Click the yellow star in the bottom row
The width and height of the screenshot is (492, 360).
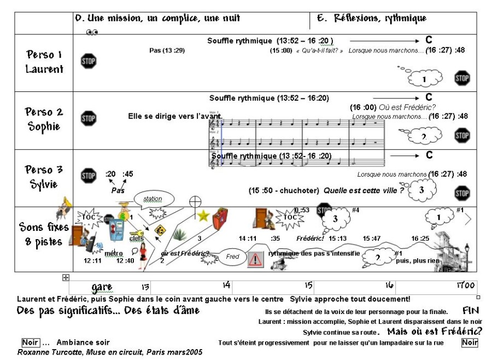[x=203, y=216]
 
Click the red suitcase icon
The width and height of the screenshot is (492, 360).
[x=220, y=219]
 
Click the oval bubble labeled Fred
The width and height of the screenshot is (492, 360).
[x=232, y=257]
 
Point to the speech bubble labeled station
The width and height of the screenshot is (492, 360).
[x=153, y=199]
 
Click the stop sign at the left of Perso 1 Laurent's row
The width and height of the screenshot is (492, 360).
[x=88, y=60]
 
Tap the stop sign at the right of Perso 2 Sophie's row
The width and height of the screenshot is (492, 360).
[x=462, y=135]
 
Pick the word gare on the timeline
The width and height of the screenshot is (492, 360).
[x=102, y=287]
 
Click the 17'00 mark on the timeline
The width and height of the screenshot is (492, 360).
[x=466, y=286]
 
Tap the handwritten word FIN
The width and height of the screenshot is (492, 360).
[x=471, y=311]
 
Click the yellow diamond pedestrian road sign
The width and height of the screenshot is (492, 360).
[x=160, y=230]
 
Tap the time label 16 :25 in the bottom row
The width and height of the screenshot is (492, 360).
[x=420, y=239]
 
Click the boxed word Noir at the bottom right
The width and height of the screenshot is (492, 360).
[x=469, y=342]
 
